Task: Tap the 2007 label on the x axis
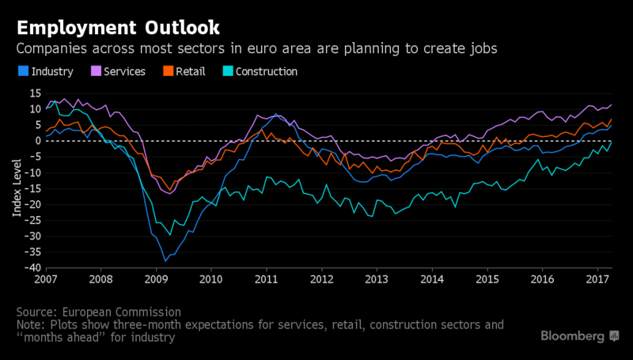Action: (x=46, y=279)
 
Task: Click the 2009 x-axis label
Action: (x=156, y=279)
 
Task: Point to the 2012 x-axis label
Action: (x=321, y=279)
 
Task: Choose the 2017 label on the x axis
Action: (x=597, y=279)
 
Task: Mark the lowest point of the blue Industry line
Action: (x=166, y=260)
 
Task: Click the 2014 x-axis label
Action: (x=431, y=279)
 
